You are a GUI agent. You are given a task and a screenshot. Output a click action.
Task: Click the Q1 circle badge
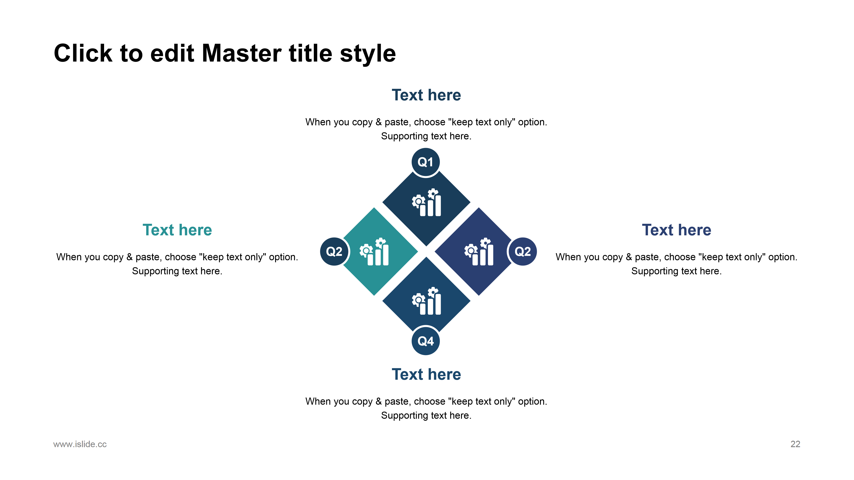pyautogui.click(x=426, y=162)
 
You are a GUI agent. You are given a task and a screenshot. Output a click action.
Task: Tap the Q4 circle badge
pyautogui.click(x=426, y=341)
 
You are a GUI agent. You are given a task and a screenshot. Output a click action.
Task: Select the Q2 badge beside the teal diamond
pyautogui.click(x=334, y=251)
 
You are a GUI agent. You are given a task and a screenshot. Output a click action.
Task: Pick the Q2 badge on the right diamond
pyautogui.click(x=522, y=251)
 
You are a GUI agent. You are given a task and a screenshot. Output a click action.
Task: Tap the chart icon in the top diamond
pyautogui.click(x=426, y=202)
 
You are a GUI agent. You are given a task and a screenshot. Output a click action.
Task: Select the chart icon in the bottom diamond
pyautogui.click(x=426, y=301)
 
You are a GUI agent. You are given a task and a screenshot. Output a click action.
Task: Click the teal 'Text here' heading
pyautogui.click(x=177, y=230)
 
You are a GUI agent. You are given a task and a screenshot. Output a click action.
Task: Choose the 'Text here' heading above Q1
pyautogui.click(x=426, y=95)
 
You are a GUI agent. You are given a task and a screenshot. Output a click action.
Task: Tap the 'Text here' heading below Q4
pyautogui.click(x=426, y=374)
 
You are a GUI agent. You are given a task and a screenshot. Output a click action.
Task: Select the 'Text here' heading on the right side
pyautogui.click(x=677, y=230)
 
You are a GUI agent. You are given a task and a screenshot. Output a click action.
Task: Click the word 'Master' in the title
pyautogui.click(x=242, y=53)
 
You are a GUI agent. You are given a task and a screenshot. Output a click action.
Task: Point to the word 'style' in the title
pyautogui.click(x=368, y=54)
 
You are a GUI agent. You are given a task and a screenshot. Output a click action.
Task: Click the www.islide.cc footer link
pyautogui.click(x=80, y=444)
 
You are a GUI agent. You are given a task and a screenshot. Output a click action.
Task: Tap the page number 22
pyautogui.click(x=795, y=444)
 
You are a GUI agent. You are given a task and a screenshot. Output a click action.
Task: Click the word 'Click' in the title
pyautogui.click(x=83, y=53)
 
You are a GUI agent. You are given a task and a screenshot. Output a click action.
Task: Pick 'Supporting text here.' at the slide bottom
pyautogui.click(x=426, y=415)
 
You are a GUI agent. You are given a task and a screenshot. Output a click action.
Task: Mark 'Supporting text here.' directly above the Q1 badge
pyautogui.click(x=426, y=136)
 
